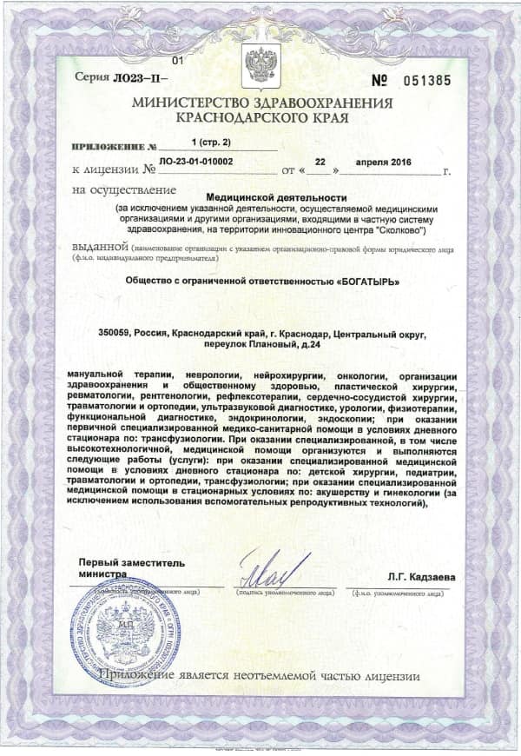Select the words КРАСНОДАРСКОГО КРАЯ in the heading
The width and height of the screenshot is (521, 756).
261,116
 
